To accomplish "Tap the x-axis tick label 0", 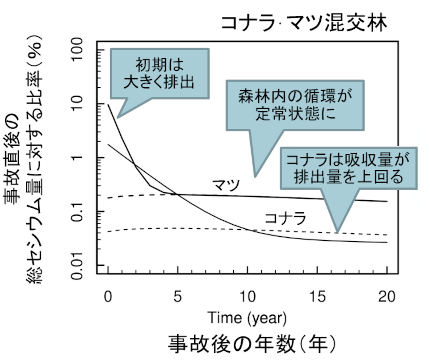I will (x=106, y=298).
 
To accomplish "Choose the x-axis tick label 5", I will (x=177, y=298).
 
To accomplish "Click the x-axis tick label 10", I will (x=248, y=298).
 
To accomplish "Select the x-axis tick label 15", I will (x=318, y=298).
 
